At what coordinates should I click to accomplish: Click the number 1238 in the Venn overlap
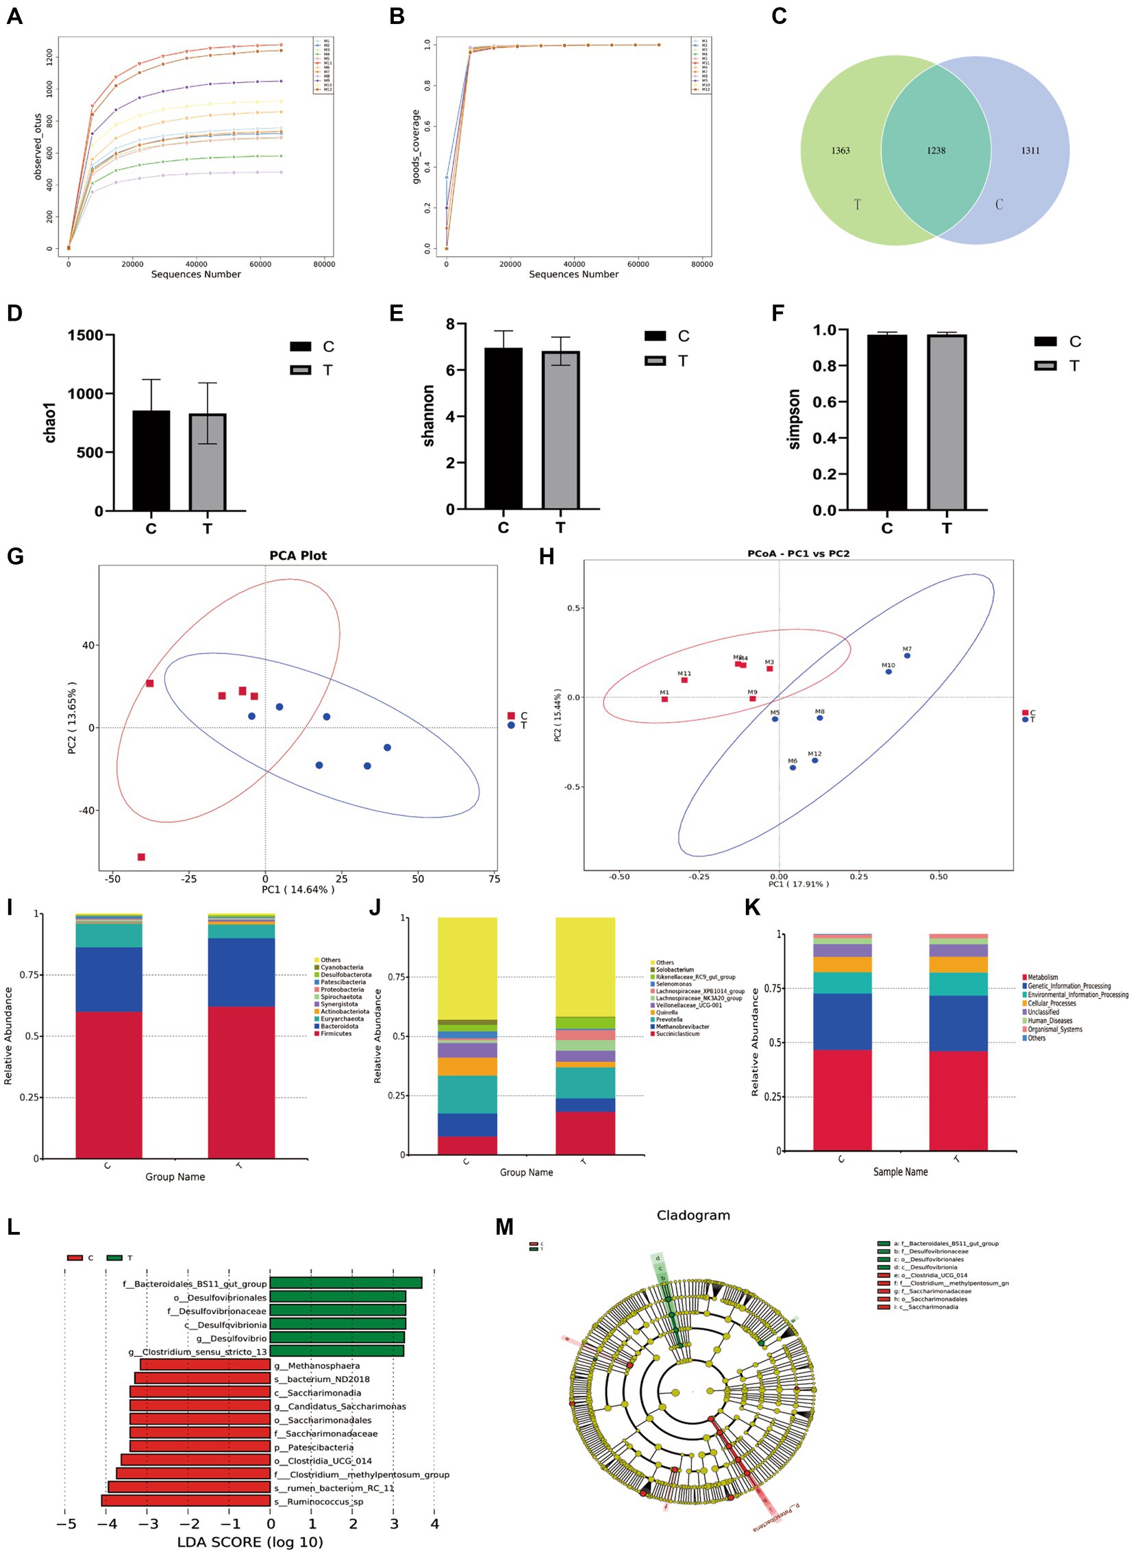[x=936, y=150]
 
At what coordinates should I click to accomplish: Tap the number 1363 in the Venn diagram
[x=840, y=150]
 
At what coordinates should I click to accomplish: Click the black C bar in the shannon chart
[x=503, y=428]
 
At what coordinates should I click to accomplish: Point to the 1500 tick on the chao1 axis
[x=85, y=336]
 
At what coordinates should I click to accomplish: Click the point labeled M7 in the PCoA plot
[x=907, y=656]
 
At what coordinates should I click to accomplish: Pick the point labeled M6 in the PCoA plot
[x=793, y=767]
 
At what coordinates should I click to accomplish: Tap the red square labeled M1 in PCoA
[x=664, y=699]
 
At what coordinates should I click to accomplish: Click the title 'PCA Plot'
[x=298, y=556]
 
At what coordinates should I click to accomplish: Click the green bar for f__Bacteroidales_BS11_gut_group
[x=346, y=1283]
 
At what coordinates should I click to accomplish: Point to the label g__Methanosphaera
[x=316, y=1366]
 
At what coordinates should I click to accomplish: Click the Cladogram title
[x=693, y=1215]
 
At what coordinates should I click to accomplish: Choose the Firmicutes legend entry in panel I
[x=336, y=1034]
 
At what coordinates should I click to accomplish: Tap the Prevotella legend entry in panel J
[x=669, y=1020]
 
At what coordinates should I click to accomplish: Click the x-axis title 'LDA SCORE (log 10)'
[x=249, y=1542]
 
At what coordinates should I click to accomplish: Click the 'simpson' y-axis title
[x=794, y=419]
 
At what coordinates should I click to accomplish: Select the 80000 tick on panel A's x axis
[x=324, y=264]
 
